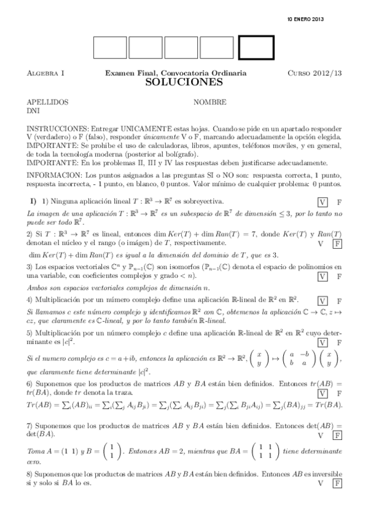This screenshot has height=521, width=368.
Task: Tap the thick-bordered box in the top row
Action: point(256,47)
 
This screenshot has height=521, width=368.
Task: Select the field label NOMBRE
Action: point(209,102)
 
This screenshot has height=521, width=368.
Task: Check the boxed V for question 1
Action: point(323,202)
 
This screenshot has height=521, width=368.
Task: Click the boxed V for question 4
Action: point(323,301)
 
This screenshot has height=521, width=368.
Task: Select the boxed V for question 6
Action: point(323,392)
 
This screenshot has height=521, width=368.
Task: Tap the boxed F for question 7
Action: point(337,435)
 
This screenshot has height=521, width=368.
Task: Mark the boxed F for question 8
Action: point(337,484)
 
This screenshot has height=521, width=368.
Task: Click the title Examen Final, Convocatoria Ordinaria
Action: point(176,73)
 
